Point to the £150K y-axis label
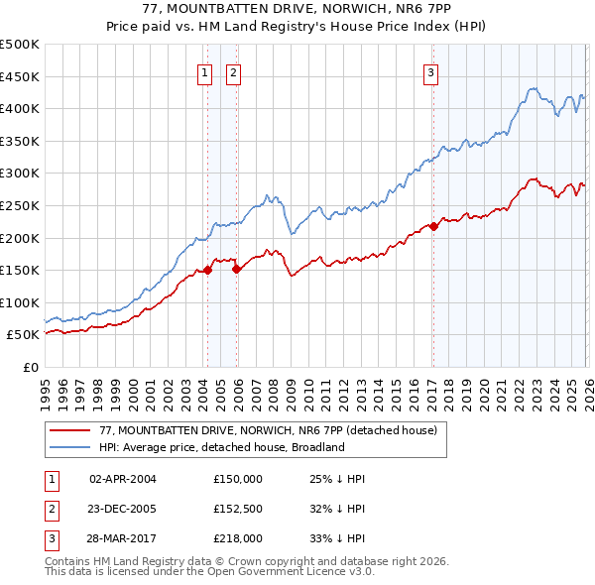click(x=20, y=270)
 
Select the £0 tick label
click(x=29, y=367)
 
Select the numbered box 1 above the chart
click(x=204, y=71)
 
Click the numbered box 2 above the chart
click(x=234, y=71)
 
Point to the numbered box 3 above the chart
click(x=432, y=71)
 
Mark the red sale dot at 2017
click(x=433, y=226)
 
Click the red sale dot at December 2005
click(x=237, y=268)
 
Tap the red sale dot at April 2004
click(x=207, y=270)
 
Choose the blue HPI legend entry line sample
click(x=70, y=447)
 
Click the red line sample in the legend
click(x=70, y=430)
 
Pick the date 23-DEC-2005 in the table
click(x=123, y=509)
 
